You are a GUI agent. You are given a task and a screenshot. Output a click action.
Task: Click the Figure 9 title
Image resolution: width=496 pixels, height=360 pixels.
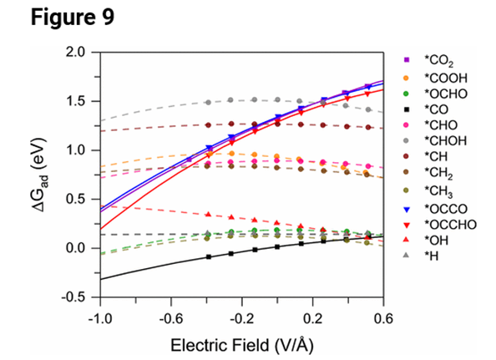coord(53,18)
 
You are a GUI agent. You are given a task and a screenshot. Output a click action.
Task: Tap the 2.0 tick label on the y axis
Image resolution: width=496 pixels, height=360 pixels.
coord(77,53)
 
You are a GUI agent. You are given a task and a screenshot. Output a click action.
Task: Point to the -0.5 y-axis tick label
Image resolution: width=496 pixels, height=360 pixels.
coord(75,297)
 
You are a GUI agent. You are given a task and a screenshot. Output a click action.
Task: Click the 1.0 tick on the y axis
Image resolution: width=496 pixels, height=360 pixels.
coord(77,150)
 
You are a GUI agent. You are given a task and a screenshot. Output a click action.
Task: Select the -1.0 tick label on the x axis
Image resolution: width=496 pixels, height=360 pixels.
coord(99,317)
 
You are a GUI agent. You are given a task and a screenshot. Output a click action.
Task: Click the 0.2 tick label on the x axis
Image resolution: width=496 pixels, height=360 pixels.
coord(314,317)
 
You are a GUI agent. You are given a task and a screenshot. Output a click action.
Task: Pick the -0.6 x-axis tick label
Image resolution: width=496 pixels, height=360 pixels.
coord(170,317)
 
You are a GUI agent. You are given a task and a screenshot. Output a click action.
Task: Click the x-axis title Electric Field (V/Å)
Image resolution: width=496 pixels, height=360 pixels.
coord(241,343)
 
